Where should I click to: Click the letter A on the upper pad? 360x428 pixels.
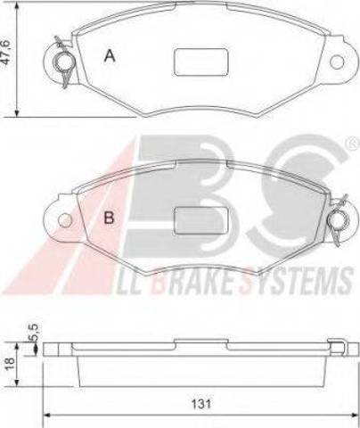110,55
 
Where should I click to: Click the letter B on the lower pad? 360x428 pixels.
109,218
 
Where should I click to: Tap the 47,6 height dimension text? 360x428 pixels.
6,52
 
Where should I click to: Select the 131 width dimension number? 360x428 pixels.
201,404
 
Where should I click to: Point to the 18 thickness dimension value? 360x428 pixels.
10,362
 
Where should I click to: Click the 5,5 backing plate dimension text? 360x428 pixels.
34,333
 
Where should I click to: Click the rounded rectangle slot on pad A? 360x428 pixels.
200,62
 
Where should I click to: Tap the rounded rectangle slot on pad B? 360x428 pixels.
200,220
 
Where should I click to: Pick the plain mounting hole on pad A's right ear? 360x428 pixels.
337,62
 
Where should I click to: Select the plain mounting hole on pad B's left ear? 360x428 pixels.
65,220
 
